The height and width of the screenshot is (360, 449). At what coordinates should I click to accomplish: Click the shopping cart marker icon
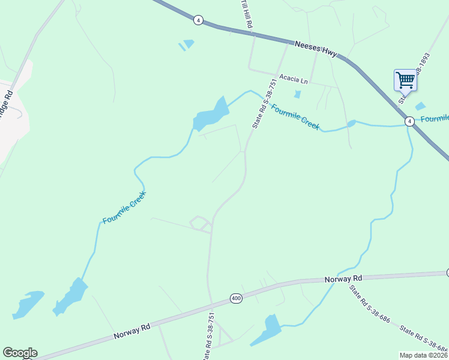pyautogui.click(x=405, y=80)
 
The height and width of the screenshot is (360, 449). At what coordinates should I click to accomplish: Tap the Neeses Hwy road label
pyautogui.click(x=316, y=49)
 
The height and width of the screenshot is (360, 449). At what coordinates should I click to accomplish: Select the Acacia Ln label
pyautogui.click(x=294, y=79)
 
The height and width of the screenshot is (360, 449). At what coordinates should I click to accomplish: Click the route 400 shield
pyautogui.click(x=235, y=298)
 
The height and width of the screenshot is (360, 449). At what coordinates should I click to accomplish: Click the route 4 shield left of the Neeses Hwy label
pyautogui.click(x=198, y=20)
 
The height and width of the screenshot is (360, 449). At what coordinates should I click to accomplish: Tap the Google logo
pyautogui.click(x=20, y=353)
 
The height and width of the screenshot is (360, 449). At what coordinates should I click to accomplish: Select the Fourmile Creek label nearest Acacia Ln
pyautogui.click(x=295, y=116)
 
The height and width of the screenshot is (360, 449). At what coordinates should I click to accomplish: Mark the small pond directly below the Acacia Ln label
pyautogui.click(x=297, y=94)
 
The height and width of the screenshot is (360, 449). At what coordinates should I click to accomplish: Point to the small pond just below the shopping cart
pyautogui.click(x=420, y=106)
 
